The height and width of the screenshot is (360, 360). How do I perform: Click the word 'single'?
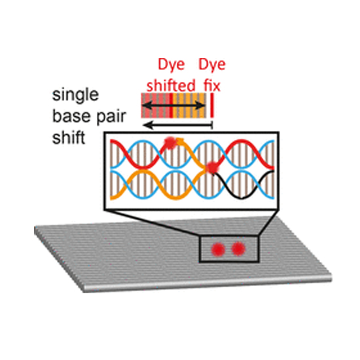[x=75, y=96]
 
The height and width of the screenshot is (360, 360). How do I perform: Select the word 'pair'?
[x=111, y=117]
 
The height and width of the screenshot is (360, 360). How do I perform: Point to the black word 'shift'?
[x=69, y=137]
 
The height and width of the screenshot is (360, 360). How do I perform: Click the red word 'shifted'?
[x=171, y=85]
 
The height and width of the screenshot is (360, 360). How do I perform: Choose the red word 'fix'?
[x=212, y=85]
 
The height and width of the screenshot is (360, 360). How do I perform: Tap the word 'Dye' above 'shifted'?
[x=171, y=65]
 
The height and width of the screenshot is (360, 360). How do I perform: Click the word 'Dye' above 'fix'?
[x=212, y=65]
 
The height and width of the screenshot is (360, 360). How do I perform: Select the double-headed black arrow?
[x=173, y=105]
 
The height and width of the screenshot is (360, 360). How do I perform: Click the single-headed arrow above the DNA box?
[x=178, y=125]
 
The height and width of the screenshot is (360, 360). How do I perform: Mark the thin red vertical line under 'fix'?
[x=212, y=105]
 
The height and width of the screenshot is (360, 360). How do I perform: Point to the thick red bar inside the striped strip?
[x=171, y=105]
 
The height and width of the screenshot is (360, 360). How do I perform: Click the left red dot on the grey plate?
[x=218, y=249]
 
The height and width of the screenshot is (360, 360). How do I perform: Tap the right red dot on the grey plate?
[x=238, y=249]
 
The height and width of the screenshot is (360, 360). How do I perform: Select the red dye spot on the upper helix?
[x=170, y=143]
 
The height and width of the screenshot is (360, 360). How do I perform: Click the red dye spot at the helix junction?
[x=211, y=168]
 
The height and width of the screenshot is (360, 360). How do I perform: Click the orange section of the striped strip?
[x=189, y=105]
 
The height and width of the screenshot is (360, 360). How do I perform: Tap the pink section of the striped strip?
[x=155, y=105]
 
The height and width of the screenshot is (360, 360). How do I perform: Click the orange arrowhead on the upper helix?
[x=181, y=141]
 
